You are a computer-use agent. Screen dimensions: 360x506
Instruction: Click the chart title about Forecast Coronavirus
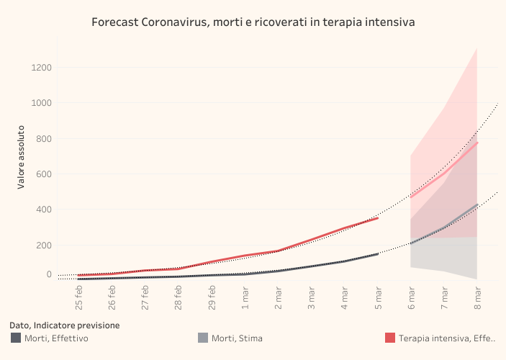pos(253,22)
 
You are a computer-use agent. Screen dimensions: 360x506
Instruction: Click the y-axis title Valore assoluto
pos(22,159)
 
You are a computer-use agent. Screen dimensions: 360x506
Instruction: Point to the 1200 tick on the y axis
pos(41,68)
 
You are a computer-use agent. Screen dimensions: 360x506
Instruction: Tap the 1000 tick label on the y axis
pos(41,103)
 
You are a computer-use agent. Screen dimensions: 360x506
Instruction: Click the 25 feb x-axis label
pos(79,293)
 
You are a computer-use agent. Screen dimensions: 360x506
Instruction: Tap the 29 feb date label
pos(212,293)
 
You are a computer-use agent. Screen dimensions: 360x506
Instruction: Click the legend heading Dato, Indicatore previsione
pos(65,325)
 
